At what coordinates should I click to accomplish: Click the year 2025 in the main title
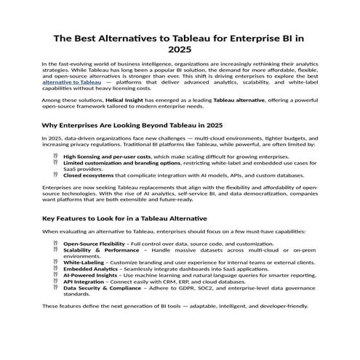coord(180,51)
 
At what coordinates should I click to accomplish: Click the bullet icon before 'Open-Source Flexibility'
coord(55,243)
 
